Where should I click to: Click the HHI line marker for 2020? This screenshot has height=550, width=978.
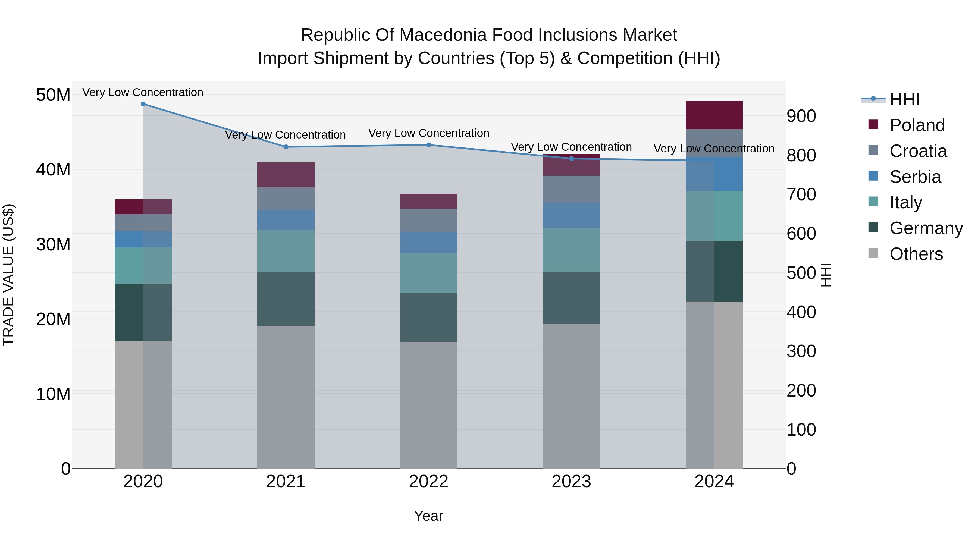(x=143, y=104)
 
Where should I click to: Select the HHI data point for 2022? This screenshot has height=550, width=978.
(x=429, y=145)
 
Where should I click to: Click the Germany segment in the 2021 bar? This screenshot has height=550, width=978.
(x=286, y=299)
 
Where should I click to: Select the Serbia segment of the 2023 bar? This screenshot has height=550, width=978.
(x=571, y=215)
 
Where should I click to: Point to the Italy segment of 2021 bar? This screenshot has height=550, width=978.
(x=286, y=251)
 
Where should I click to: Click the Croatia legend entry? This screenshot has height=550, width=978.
(x=918, y=151)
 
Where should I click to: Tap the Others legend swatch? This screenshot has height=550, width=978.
(x=873, y=253)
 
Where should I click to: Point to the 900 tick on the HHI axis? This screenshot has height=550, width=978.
(x=801, y=116)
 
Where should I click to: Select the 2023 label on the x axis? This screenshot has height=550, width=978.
(x=571, y=482)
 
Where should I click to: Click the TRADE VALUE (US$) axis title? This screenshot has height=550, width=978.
(x=8, y=275)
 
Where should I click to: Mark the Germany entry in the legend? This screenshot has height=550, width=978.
(x=926, y=228)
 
